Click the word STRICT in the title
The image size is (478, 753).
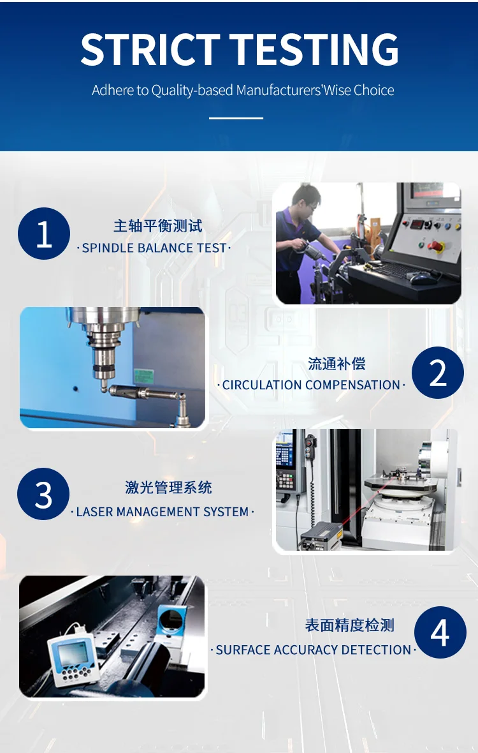[x=150, y=50]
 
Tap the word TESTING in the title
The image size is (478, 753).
[x=315, y=50]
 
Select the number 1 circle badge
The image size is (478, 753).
[x=43, y=234]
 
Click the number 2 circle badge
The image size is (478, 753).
[x=438, y=373]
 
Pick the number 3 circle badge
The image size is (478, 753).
[x=43, y=494]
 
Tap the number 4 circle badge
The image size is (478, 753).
[x=440, y=632]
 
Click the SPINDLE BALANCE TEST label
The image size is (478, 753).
[x=154, y=248]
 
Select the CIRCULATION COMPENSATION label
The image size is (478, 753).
[x=311, y=385]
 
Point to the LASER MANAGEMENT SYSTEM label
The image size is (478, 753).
[x=163, y=512]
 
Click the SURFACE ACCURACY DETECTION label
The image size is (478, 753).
[x=313, y=650]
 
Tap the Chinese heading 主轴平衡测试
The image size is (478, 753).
[x=157, y=226]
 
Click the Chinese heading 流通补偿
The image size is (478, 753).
[x=337, y=364]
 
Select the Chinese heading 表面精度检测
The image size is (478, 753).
[x=349, y=625]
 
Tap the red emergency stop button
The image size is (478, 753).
[x=436, y=246]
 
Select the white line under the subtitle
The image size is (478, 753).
[x=236, y=117]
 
